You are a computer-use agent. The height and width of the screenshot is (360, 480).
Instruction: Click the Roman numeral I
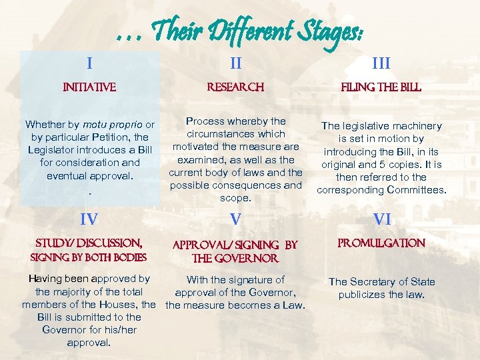pos(89,63)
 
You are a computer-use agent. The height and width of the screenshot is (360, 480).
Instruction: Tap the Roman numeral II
pos(236,63)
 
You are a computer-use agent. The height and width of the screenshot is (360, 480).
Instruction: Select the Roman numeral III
pos(381,63)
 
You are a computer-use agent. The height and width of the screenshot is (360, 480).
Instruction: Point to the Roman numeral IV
pos(89,219)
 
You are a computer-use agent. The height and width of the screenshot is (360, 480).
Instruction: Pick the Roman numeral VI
pos(381,219)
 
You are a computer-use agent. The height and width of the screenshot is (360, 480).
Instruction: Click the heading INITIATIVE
pos(89,87)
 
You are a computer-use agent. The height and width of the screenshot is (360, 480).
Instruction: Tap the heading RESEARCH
pos(236,87)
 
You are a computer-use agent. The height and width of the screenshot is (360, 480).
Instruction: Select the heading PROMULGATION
pos(381,243)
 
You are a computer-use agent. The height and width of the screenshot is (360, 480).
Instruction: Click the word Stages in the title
pos(326,30)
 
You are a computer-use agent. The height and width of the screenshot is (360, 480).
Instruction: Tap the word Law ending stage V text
pos(291,306)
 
